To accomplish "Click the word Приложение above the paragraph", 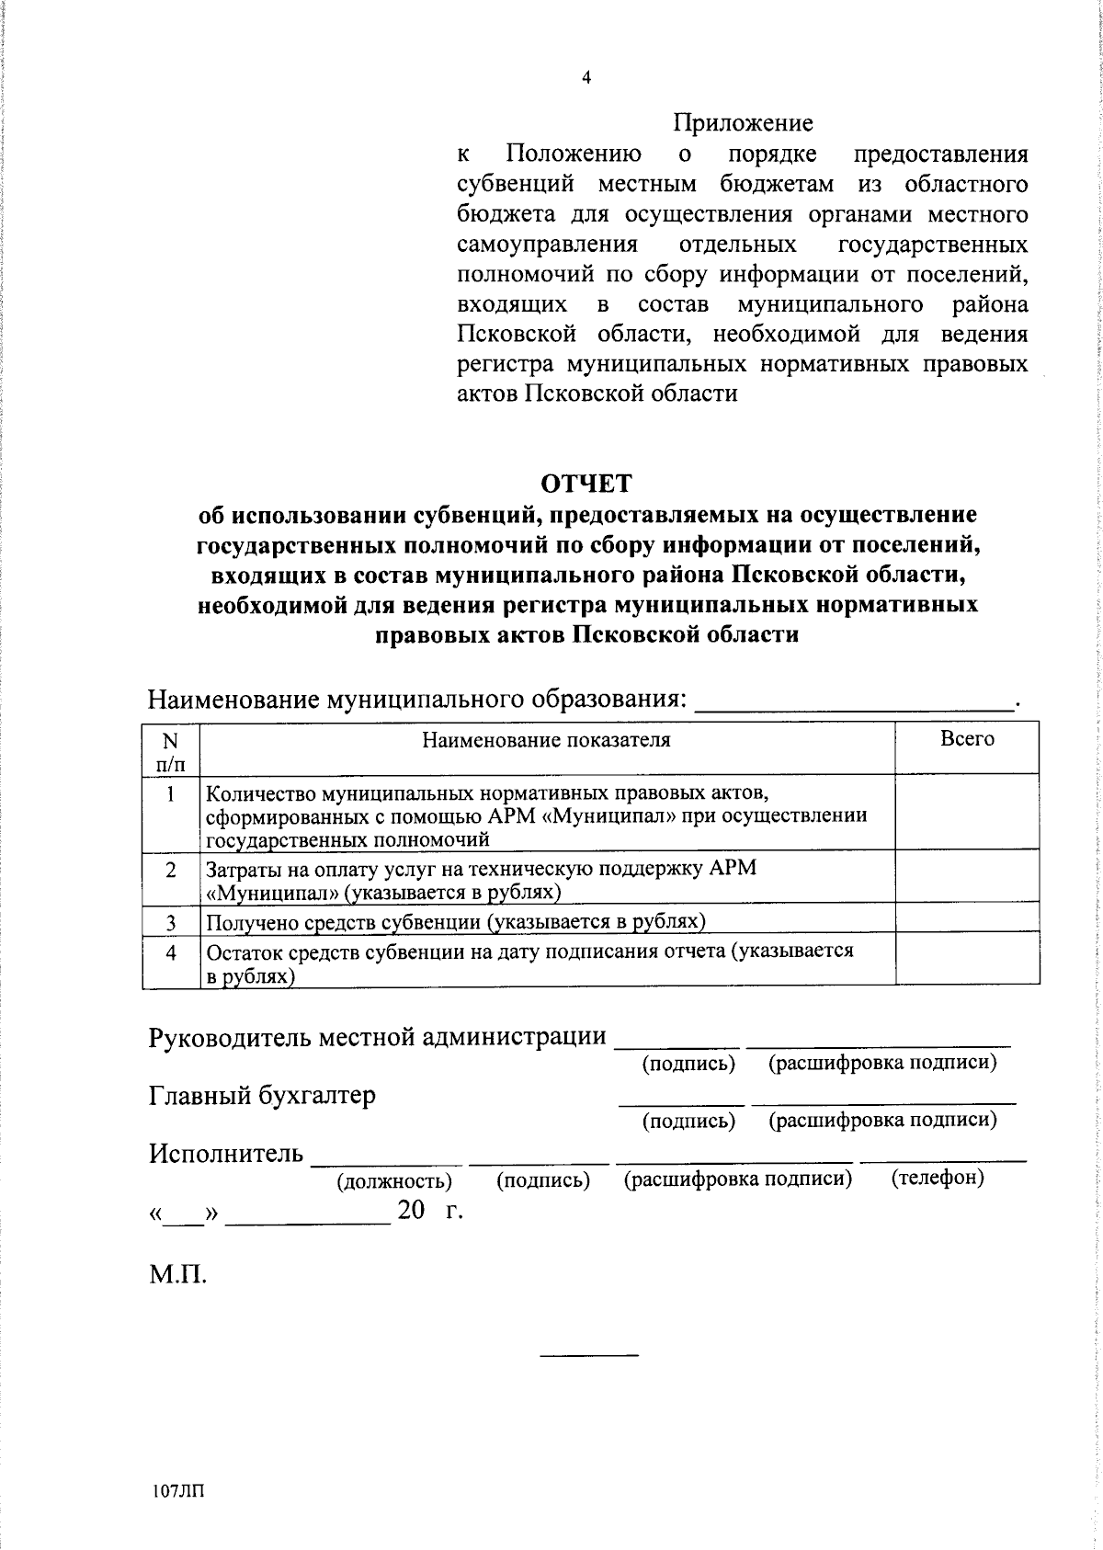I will click(743, 122).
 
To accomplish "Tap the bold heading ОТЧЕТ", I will click(586, 483).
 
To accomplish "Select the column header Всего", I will click(967, 739).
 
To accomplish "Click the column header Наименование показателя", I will click(546, 740).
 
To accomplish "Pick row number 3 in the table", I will click(171, 921).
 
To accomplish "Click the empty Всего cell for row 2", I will click(967, 879).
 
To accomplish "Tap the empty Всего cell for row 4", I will click(967, 963).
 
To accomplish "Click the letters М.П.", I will click(177, 1276).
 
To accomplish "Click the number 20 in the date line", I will click(411, 1212).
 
